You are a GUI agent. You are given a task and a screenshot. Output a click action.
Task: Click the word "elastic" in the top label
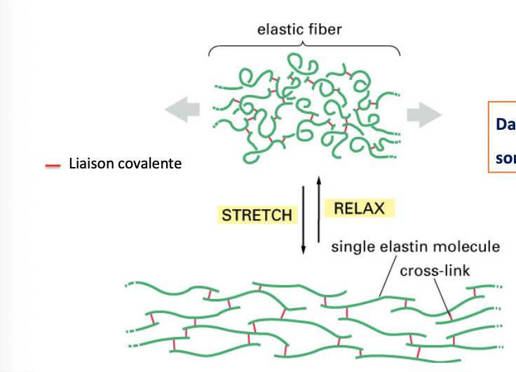(277, 30)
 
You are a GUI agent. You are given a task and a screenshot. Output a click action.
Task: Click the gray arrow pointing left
(182, 111)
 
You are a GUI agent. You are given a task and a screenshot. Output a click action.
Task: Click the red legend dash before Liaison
(53, 166)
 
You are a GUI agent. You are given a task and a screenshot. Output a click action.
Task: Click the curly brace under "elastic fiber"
(304, 47)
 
